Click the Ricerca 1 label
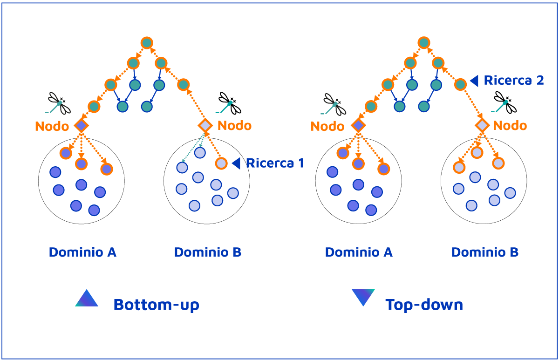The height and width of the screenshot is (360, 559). pyautogui.click(x=275, y=163)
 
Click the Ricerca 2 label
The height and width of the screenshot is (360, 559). pyautogui.click(x=514, y=80)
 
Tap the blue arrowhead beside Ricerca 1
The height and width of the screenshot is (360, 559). pyautogui.click(x=236, y=163)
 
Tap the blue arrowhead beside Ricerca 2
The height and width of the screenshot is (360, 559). pyautogui.click(x=474, y=81)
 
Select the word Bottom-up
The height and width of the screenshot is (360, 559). pyautogui.click(x=157, y=305)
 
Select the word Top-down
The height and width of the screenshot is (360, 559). pyautogui.click(x=424, y=305)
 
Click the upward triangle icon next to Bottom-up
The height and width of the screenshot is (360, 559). pyautogui.click(x=87, y=299)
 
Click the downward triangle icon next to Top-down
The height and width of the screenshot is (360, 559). pyautogui.click(x=363, y=297)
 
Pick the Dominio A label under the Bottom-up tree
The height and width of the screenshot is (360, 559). pyautogui.click(x=82, y=252)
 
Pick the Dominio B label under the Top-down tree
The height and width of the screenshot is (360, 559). pyautogui.click(x=484, y=252)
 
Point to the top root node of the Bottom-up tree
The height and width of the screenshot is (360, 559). pyautogui.click(x=147, y=43)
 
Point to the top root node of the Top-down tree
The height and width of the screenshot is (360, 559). pyautogui.click(x=423, y=43)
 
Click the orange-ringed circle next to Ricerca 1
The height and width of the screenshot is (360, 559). pyautogui.click(x=221, y=163)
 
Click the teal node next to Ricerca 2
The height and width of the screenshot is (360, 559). pyautogui.click(x=460, y=84)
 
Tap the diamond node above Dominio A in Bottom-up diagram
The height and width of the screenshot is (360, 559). pyautogui.click(x=82, y=125)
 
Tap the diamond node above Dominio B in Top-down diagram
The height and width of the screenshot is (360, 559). pyautogui.click(x=482, y=125)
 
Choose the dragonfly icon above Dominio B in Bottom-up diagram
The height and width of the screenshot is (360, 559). pyautogui.click(x=229, y=103)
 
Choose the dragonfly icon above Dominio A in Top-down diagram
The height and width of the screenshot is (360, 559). pyautogui.click(x=334, y=104)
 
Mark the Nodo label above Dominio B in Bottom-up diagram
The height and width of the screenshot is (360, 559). pyautogui.click(x=234, y=125)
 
